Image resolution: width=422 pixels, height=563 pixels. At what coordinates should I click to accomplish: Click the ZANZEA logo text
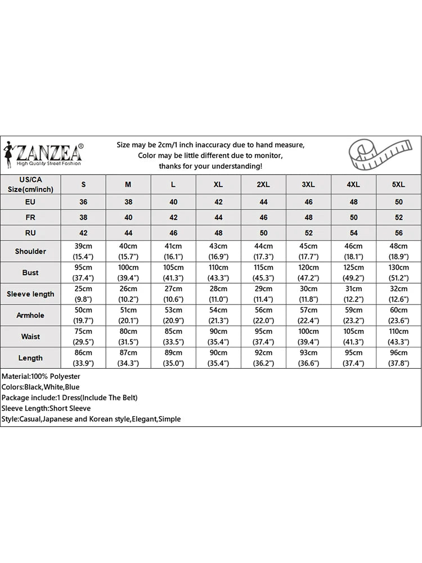50,152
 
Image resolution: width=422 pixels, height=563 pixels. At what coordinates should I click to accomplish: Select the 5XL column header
398,185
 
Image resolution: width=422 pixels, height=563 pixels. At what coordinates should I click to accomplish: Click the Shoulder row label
30,251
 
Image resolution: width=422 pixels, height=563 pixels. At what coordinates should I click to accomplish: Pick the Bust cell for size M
128,272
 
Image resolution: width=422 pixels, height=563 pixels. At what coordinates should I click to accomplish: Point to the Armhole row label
30,315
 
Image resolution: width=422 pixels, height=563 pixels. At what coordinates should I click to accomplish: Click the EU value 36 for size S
84,201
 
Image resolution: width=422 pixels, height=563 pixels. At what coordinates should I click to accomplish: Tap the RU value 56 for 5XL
398,233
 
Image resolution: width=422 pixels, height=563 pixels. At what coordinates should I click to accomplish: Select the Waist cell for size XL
218,337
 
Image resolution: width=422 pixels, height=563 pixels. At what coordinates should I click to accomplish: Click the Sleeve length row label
30,294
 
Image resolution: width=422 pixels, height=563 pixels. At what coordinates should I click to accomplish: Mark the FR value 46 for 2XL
263,217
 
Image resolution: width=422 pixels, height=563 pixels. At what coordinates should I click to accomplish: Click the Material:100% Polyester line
41,376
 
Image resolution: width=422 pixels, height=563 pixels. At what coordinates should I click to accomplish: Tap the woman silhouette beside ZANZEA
9,154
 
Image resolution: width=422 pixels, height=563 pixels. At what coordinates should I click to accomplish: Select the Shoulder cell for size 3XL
308,251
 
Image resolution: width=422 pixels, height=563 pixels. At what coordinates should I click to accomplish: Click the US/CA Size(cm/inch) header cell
30,184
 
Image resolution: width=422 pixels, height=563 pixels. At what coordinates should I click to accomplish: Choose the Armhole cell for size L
173,315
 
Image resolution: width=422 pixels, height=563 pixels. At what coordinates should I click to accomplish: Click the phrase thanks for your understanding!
210,166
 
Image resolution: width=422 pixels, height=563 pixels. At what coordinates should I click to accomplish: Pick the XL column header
218,185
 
